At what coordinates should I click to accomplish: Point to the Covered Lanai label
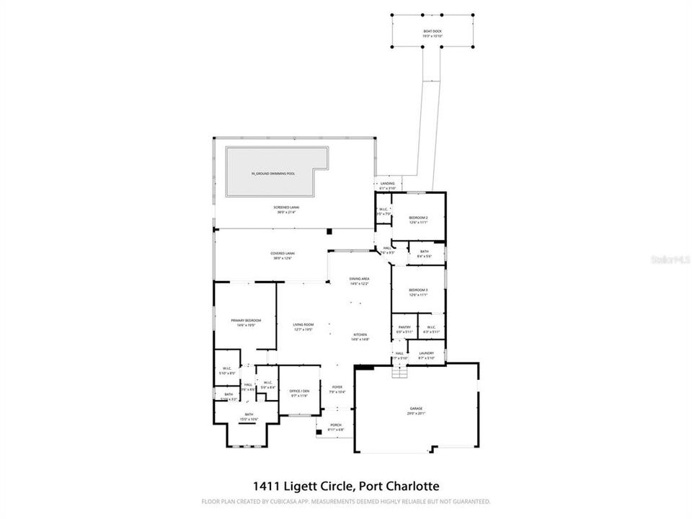point(283,254)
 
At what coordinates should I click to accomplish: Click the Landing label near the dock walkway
point(388,184)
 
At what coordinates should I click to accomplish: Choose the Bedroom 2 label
point(418,218)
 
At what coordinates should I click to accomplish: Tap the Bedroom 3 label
point(418,290)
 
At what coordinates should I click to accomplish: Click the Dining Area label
point(359,278)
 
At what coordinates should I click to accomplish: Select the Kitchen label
point(360,334)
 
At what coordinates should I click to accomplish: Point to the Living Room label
point(303,325)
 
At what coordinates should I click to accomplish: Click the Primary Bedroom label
point(246,320)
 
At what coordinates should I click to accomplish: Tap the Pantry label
point(404,327)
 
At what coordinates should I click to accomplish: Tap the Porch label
point(335,426)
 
